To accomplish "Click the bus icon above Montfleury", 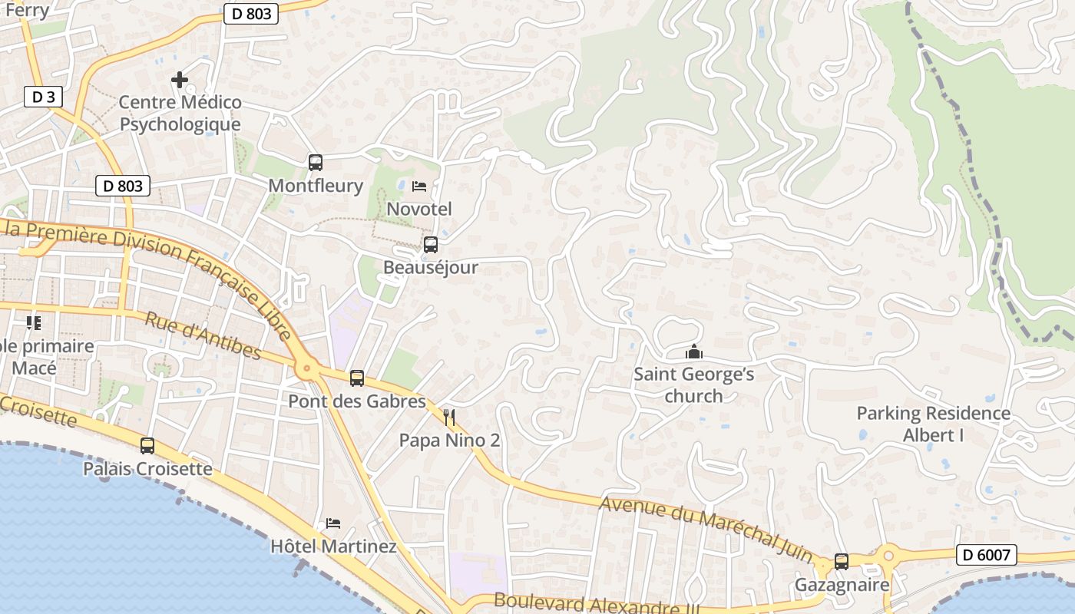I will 316,163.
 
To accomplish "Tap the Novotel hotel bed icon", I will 419,187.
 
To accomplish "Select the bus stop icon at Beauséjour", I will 431,245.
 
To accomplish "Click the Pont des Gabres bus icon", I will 357,378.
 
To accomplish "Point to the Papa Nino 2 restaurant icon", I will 449,418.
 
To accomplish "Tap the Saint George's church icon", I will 694,352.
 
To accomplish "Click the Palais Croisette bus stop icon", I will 147,445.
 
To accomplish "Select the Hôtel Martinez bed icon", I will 333,523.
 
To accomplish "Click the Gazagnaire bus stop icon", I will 842,561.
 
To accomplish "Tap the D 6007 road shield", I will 987,555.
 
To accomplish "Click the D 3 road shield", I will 43,97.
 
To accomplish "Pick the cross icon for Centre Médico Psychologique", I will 180,80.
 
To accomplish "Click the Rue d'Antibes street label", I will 203,336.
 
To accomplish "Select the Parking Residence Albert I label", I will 933,424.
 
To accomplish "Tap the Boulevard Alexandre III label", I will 595,603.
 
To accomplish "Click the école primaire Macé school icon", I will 33,322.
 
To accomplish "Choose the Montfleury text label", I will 316,186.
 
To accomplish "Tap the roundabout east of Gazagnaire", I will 889,554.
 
